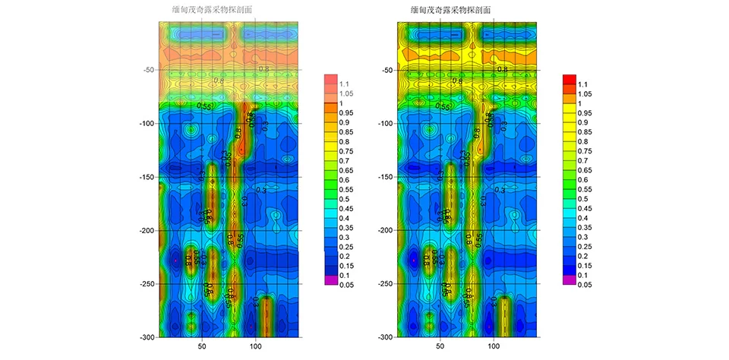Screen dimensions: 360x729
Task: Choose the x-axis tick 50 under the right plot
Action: pos(441,347)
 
